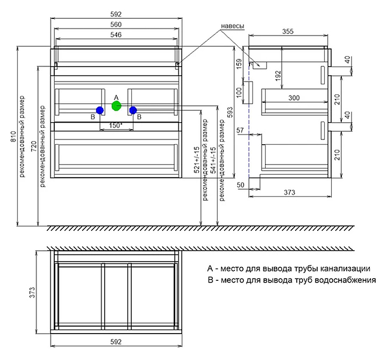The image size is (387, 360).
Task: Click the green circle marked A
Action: click(x=116, y=105)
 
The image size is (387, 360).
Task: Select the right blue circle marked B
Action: click(x=133, y=110)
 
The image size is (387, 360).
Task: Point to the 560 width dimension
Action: click(x=117, y=24)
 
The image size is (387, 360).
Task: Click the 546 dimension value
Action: click(x=117, y=34)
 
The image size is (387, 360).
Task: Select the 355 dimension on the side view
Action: click(x=288, y=32)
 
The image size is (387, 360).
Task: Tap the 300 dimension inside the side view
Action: click(x=294, y=98)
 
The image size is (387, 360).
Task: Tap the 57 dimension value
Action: click(x=240, y=131)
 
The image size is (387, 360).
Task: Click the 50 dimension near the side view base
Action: click(x=240, y=186)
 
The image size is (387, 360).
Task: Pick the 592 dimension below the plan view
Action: click(x=117, y=342)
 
